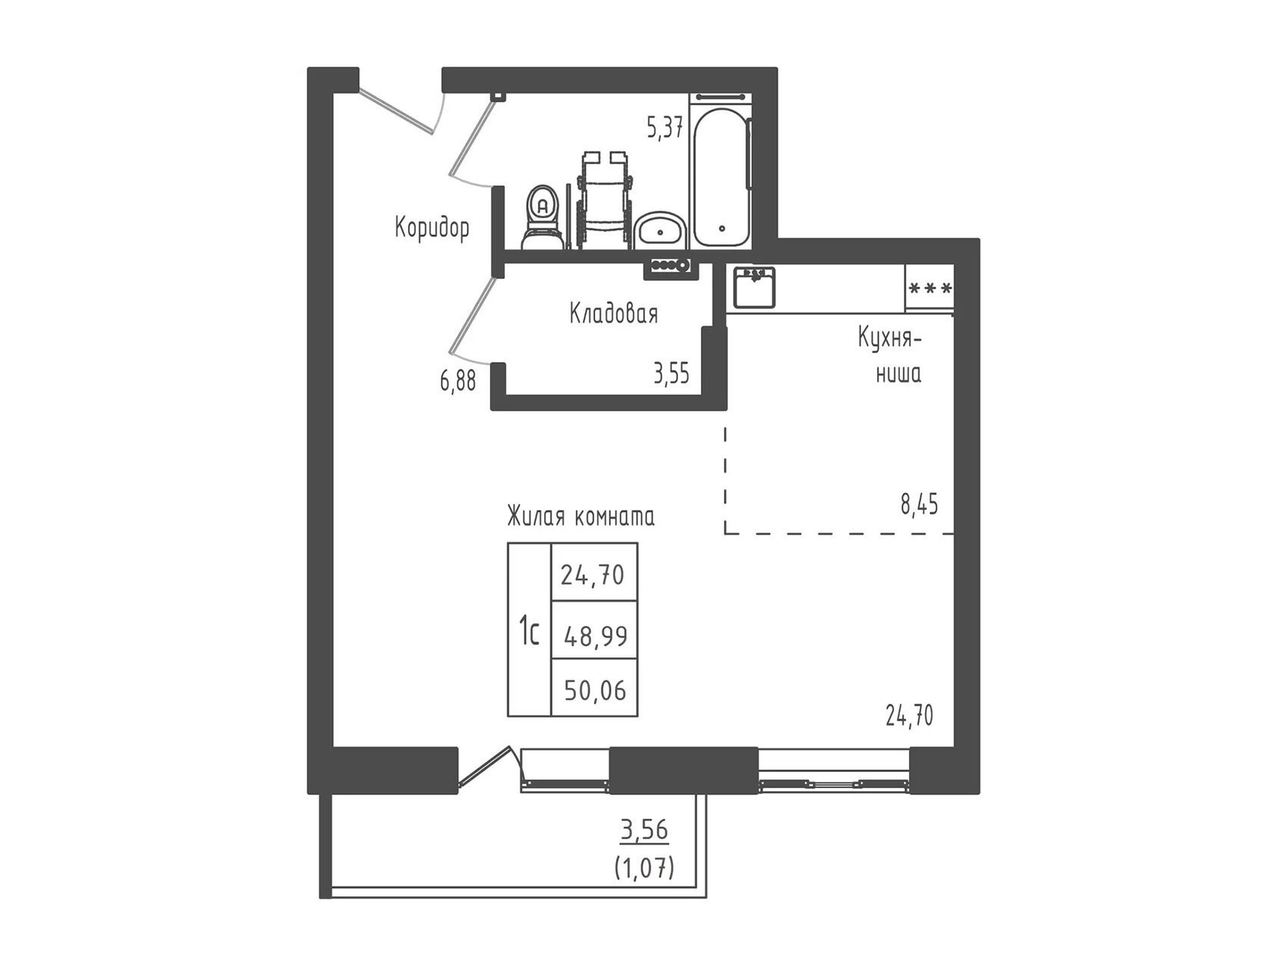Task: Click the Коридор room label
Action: pos(432,227)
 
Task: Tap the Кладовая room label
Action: pos(614,313)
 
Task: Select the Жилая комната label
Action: pos(581,517)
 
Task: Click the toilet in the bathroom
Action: pos(542,217)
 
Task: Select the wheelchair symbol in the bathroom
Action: pos(604,199)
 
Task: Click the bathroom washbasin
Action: pos(661,230)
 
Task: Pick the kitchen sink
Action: pos(754,287)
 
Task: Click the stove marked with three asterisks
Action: pos(930,288)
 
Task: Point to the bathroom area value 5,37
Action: pos(665,129)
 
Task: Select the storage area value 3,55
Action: pos(672,374)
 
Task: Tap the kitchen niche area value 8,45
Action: pos(919,504)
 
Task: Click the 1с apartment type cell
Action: pos(529,630)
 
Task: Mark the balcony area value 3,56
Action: pos(645,830)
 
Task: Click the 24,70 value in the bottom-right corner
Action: pos(910,714)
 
